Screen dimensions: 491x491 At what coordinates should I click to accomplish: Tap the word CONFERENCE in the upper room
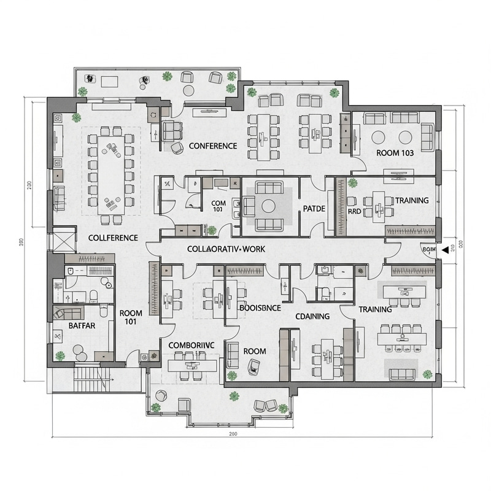coord(213,146)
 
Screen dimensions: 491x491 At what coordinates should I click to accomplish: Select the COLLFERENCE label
coord(113,238)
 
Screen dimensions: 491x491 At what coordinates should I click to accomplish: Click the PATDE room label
coord(314,209)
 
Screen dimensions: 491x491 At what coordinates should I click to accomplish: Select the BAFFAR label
coord(81,325)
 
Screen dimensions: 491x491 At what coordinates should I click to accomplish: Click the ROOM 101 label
coord(131,317)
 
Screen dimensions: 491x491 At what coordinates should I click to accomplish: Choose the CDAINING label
coord(312,316)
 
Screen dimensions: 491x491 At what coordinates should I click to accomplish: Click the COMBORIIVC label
coord(191,346)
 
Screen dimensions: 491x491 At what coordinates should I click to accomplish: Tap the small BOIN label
coord(428,249)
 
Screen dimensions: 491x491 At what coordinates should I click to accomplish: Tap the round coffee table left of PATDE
coord(269,206)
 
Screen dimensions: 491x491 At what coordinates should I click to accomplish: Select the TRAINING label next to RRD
coord(412,201)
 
